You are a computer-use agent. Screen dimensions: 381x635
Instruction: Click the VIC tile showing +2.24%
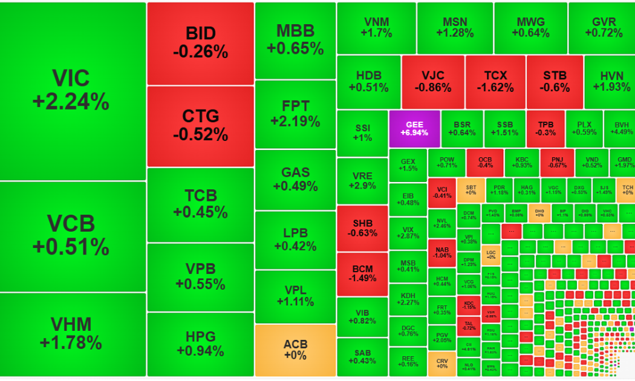73,91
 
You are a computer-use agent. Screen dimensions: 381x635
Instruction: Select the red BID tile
200,43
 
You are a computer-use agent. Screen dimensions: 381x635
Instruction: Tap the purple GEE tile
414,128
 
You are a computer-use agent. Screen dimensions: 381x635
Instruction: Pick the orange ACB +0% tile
295,350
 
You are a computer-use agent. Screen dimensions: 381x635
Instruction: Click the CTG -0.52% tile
200,125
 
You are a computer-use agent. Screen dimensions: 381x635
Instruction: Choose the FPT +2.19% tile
295,114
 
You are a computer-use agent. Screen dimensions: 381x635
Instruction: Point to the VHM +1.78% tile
73,334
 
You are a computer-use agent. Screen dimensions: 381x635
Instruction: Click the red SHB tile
362,228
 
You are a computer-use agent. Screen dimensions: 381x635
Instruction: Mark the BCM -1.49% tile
362,273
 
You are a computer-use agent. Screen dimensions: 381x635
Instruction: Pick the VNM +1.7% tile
376,28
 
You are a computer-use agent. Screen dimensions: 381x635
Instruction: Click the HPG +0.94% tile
200,344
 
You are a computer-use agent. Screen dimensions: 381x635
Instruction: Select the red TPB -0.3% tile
545,128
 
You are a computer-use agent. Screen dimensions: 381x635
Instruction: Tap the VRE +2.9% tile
362,181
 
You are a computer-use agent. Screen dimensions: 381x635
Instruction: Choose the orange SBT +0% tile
471,189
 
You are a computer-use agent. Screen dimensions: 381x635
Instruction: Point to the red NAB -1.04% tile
441,252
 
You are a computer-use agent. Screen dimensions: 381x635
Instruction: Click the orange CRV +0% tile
441,362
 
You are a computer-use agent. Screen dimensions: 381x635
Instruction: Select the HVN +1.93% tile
610,82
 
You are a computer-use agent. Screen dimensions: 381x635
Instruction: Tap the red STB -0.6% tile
555,82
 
